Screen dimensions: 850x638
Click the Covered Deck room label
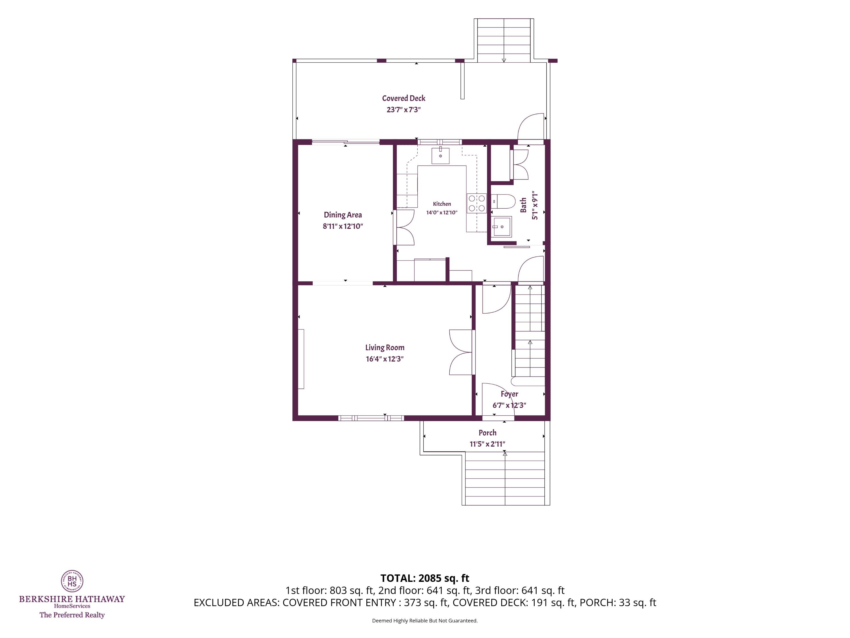(403, 98)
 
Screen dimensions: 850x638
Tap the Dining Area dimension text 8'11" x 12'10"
(343, 226)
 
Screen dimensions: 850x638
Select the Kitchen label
(442, 204)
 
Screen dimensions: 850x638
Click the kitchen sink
(440, 156)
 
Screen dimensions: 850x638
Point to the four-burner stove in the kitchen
(477, 203)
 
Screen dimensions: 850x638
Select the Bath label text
(523, 205)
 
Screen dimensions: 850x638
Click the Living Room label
(385, 348)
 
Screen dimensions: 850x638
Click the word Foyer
(509, 394)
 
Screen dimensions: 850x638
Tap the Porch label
(487, 433)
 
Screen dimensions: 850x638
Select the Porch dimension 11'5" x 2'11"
(487, 444)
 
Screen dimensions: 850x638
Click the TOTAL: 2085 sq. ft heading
(425, 578)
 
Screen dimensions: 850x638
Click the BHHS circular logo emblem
(72, 581)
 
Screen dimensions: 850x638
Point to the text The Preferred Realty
(72, 615)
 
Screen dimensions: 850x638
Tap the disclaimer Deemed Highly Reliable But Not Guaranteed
(425, 621)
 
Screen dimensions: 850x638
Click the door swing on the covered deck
(531, 126)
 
